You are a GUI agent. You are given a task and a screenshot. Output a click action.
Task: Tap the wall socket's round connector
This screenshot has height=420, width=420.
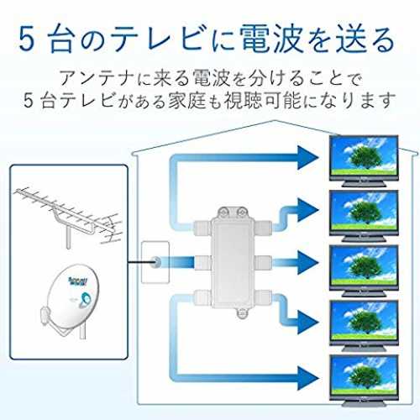click(155, 262)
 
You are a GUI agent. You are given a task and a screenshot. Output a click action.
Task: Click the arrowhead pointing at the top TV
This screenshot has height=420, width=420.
click(308, 158)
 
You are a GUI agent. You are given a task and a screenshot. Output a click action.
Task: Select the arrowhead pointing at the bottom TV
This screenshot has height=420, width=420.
click(308, 378)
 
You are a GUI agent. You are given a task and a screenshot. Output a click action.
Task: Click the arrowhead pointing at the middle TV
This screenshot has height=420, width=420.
click(308, 262)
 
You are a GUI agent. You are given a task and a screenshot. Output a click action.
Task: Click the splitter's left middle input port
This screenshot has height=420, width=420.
click(202, 262)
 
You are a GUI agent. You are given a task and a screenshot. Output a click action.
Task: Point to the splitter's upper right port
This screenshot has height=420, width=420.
click(264, 228)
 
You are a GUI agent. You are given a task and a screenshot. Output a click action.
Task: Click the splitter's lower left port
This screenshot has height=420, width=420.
click(202, 297)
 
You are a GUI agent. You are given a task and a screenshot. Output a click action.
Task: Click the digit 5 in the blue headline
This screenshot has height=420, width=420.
click(27, 39)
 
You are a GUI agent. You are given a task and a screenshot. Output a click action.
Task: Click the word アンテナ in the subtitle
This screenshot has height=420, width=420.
click(97, 78)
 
